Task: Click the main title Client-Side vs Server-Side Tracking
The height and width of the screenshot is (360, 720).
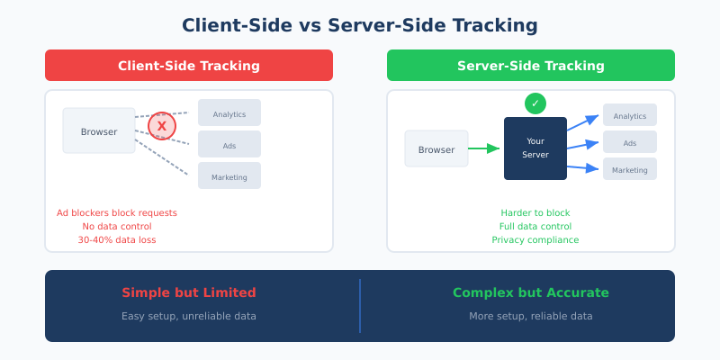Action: (x=360, y=25)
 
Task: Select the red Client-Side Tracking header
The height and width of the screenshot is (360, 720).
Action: (x=189, y=66)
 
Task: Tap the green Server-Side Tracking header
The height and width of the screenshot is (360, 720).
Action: (x=531, y=66)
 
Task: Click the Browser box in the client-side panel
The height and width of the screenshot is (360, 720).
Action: (x=99, y=131)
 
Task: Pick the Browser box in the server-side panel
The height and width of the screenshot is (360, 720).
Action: (x=436, y=149)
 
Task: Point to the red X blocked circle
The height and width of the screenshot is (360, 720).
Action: (x=162, y=126)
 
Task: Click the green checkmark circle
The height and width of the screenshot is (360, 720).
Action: (x=535, y=103)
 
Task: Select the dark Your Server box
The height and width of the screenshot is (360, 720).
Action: (x=535, y=148)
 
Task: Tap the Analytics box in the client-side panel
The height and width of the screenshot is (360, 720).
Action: (x=229, y=113)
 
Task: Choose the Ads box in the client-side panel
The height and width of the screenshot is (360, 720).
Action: (x=229, y=145)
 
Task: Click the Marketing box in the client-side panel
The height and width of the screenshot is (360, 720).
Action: (x=229, y=176)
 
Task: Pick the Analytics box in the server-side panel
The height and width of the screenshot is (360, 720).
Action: (x=630, y=115)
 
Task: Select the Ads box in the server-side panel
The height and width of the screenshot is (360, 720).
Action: (x=630, y=142)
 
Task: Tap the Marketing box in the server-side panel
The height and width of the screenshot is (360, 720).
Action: (x=630, y=169)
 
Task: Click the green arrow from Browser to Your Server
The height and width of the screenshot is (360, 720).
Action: (x=484, y=148)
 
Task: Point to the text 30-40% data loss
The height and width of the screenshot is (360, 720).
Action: (x=117, y=240)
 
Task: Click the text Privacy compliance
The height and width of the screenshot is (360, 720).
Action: (x=535, y=240)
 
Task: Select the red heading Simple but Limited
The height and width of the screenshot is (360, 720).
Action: (x=189, y=292)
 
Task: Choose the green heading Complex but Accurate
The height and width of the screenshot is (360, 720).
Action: (x=531, y=292)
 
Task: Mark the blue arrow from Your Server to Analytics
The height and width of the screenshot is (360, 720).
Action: (x=582, y=123)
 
